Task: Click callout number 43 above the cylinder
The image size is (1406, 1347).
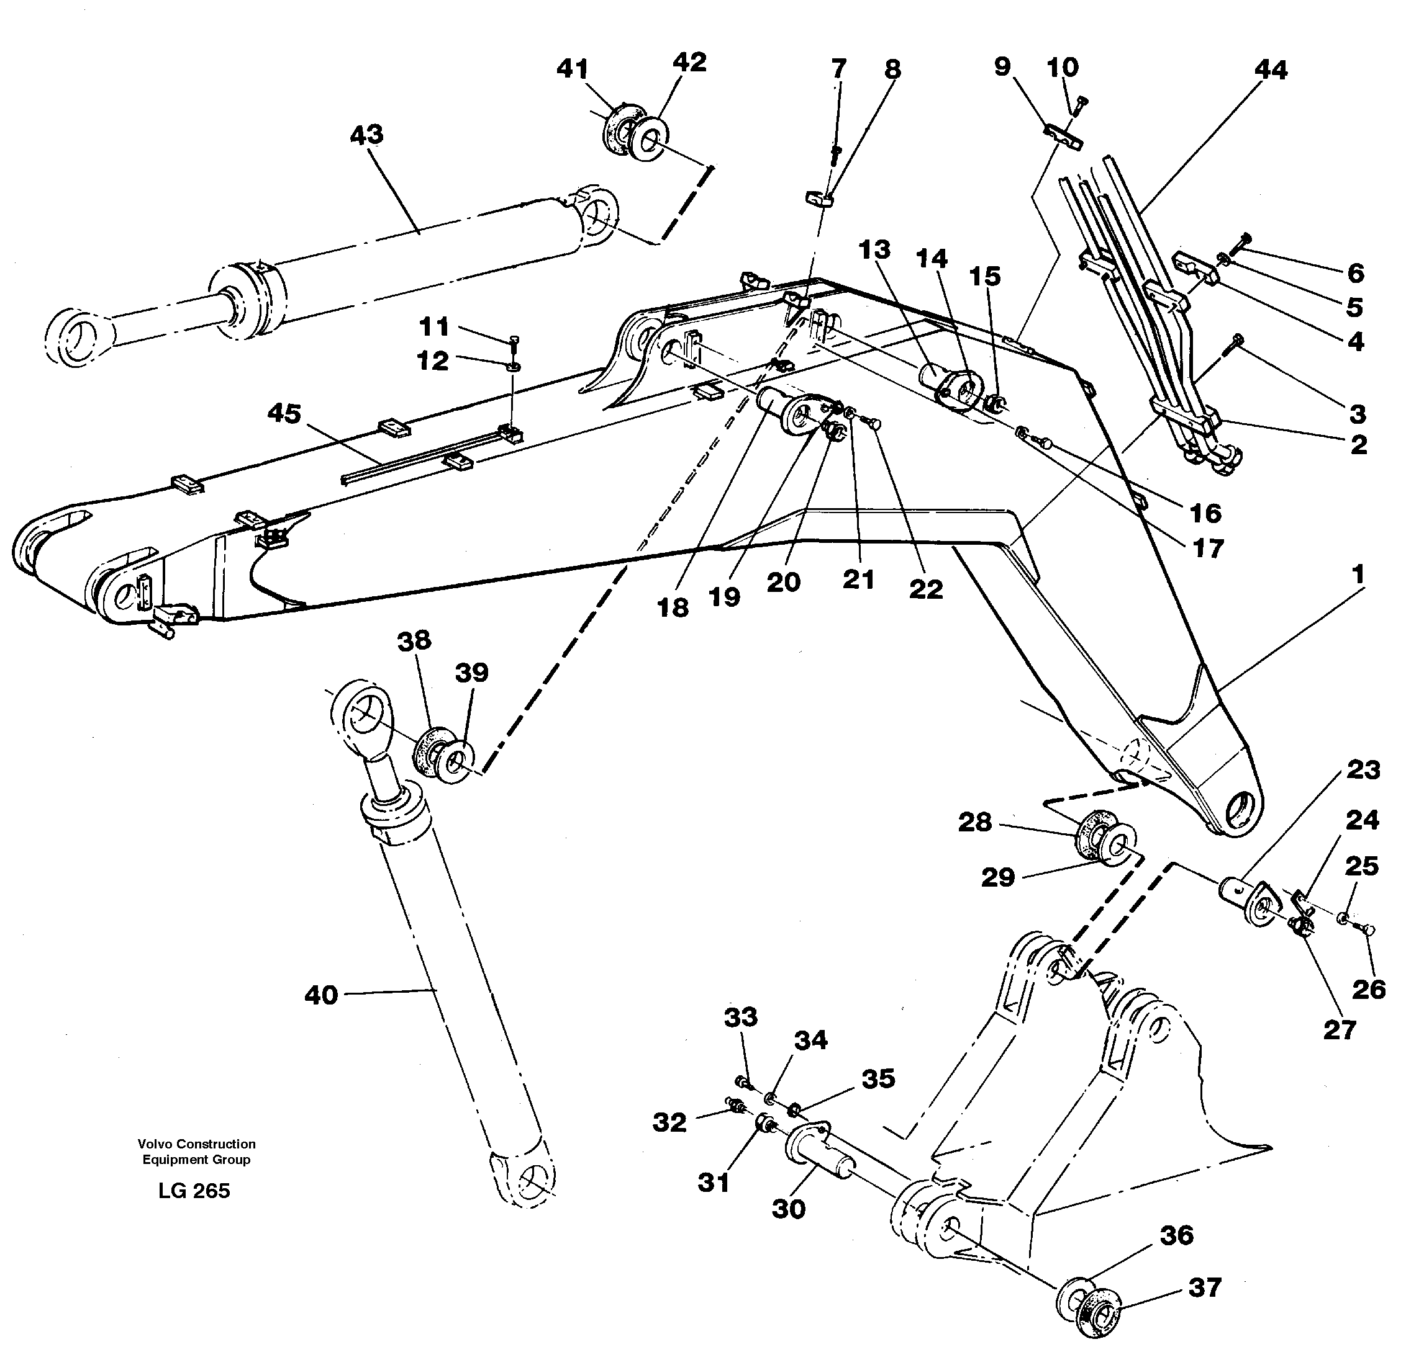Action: click(x=366, y=135)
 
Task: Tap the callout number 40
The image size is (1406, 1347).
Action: click(x=320, y=995)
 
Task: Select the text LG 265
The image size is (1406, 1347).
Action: click(x=194, y=1191)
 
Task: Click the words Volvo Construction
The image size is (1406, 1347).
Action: click(x=196, y=1144)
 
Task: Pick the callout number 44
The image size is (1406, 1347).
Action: click(x=1271, y=69)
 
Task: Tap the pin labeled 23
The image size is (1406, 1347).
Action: click(x=1240, y=894)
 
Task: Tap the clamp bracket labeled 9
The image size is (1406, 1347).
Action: click(x=1061, y=138)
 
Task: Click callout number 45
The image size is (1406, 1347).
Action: click(x=284, y=414)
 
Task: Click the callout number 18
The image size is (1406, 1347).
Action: click(x=673, y=607)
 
